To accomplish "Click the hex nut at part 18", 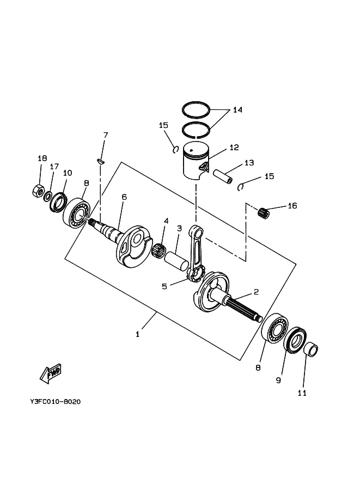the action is click(x=38, y=190).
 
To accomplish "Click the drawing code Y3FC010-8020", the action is click(x=56, y=402).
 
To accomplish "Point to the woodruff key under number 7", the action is click(x=101, y=162).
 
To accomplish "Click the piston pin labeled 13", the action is click(x=223, y=176).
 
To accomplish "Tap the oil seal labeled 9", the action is click(x=295, y=339).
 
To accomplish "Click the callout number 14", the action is click(x=237, y=109).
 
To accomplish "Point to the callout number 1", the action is click(x=137, y=334).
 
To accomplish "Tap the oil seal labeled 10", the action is click(x=59, y=202).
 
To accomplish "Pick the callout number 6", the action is click(x=124, y=197).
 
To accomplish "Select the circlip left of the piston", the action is click(x=175, y=149).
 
